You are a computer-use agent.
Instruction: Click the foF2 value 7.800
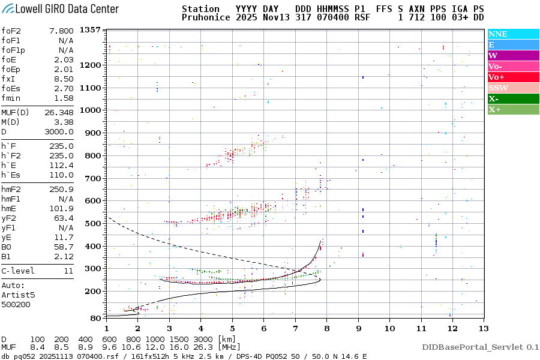click(x=62, y=31)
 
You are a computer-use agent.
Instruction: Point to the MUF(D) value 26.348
click(x=59, y=112)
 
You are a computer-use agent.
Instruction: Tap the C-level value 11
click(x=69, y=271)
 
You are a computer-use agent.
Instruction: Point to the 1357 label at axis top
click(x=89, y=30)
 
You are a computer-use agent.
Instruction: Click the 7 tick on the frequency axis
click(x=295, y=328)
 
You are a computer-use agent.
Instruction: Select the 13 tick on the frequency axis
click(x=482, y=328)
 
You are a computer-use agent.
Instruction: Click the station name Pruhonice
click(x=205, y=18)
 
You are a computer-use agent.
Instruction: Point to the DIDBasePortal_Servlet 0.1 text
click(x=480, y=347)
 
